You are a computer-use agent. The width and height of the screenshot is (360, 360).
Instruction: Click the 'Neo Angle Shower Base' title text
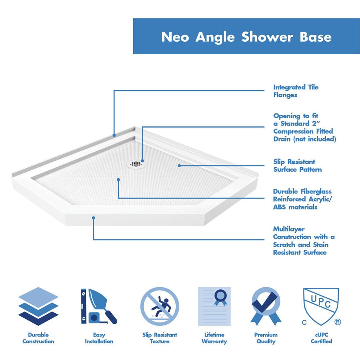[x=246, y=37]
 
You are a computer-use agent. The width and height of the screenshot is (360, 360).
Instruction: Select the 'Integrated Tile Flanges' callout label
[x=296, y=91]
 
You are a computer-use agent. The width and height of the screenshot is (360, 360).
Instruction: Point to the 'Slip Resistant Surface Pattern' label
[x=297, y=166]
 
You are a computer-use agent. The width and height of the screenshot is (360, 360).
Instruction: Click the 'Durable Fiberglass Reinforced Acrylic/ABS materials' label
[x=302, y=199]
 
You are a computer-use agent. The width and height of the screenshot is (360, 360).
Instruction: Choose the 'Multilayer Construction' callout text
[x=304, y=241]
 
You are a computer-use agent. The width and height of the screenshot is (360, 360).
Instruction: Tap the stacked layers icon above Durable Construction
[x=38, y=306]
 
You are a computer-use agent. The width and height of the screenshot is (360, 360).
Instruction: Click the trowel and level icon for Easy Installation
[x=99, y=306]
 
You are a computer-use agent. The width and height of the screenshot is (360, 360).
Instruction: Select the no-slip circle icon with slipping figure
[x=159, y=306]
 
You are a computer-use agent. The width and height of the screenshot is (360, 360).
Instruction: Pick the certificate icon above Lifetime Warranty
[x=214, y=306]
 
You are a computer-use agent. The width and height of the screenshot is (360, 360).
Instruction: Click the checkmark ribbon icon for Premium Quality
[x=266, y=306]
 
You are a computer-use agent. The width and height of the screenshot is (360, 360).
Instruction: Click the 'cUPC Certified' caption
[x=321, y=338]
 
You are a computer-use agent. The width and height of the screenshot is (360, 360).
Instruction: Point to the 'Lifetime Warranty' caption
[x=214, y=338]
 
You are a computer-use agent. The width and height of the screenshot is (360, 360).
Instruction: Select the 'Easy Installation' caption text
[x=99, y=338]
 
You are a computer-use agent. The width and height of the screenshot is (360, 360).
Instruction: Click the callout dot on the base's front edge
[x=93, y=218]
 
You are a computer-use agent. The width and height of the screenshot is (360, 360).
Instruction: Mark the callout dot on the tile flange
[x=114, y=135]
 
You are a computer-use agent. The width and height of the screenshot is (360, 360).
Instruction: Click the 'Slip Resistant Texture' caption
[x=159, y=338]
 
